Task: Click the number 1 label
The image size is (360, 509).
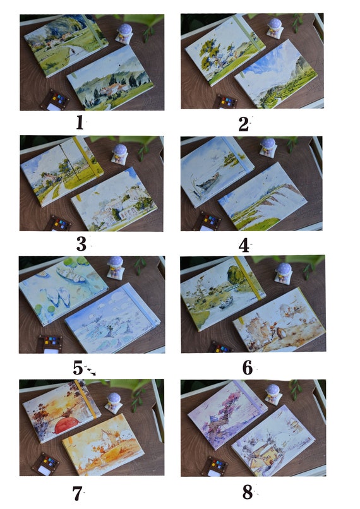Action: (80, 123)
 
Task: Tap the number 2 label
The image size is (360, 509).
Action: (243, 124)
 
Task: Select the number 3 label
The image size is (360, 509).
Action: (81, 244)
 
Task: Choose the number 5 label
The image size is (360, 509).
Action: (78, 368)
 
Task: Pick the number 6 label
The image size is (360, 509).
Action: (248, 368)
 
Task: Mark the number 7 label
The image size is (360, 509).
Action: (77, 494)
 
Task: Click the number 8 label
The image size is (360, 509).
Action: (248, 492)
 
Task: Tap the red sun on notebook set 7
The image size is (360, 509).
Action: (66, 425)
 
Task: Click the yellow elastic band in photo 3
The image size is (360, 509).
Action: (87, 157)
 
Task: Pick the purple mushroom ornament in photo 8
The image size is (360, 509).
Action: (272, 395)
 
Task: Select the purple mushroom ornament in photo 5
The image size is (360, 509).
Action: (115, 268)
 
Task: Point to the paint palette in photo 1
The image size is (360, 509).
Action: (55, 100)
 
